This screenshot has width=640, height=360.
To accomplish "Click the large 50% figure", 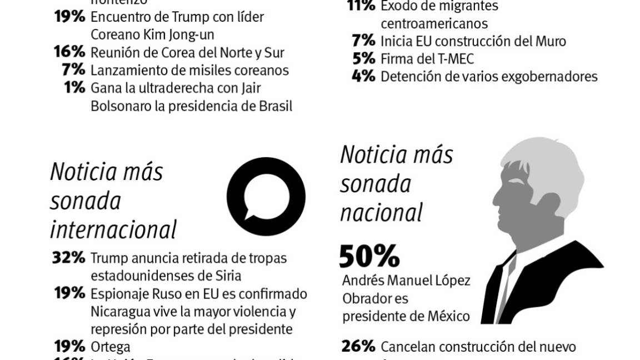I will (369, 257).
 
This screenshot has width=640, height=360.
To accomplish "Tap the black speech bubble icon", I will (266, 196).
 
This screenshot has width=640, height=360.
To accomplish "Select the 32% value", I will (69, 258).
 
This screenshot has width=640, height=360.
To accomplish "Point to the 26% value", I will (358, 347).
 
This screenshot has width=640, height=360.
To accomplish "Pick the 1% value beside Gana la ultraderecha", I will (74, 88).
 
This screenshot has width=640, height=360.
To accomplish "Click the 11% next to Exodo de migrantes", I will (361, 7).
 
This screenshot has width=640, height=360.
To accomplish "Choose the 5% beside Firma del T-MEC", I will (364, 58).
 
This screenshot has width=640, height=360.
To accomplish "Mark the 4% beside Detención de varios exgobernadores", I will (363, 76).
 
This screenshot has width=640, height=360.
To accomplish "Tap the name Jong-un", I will (191, 34).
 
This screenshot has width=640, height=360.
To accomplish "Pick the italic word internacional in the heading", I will (113, 229).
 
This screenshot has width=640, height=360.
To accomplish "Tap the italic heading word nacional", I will (382, 212).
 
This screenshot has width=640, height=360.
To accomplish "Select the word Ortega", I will (110, 347).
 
